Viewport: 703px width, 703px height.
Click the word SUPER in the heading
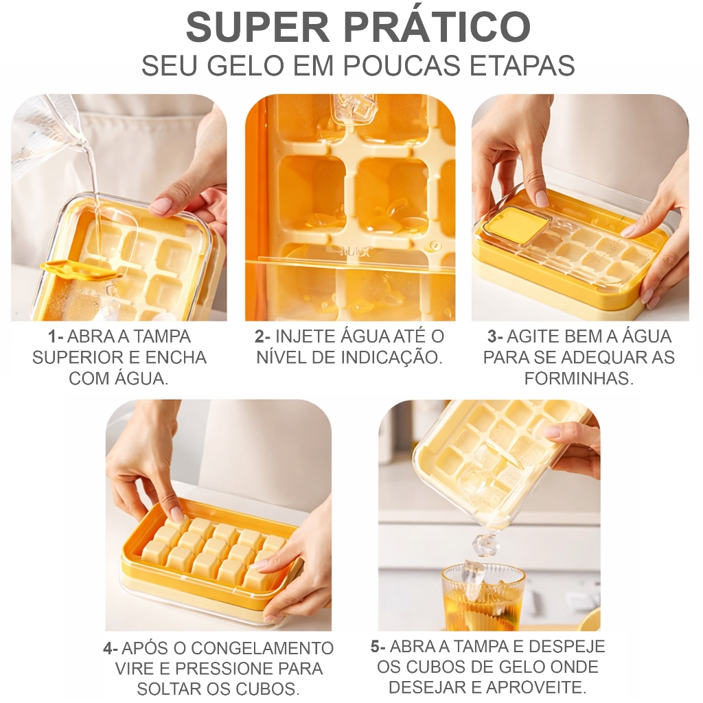(x=258, y=27)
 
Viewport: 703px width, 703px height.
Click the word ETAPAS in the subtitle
(x=522, y=66)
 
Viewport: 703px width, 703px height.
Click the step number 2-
(x=263, y=336)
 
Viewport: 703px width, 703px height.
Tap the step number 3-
(x=495, y=336)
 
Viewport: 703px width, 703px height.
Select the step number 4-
(x=111, y=648)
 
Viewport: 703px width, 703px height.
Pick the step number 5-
(x=378, y=647)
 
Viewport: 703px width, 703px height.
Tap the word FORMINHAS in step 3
(x=579, y=378)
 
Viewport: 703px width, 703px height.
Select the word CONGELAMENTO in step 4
(x=262, y=648)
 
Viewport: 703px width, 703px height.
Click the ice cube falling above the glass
(x=485, y=544)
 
